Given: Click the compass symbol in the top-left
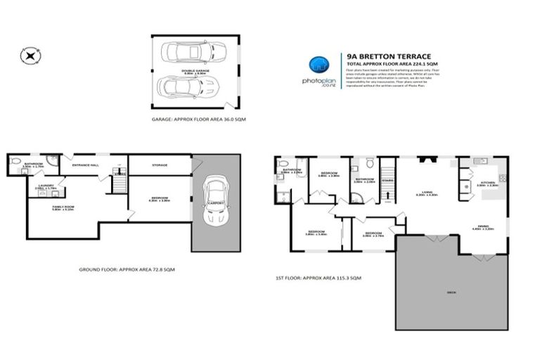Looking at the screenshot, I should [x=29, y=55].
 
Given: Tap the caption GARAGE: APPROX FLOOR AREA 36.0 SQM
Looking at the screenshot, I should [x=199, y=120].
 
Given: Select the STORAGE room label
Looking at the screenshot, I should [x=159, y=166].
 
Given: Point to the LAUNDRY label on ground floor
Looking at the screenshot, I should [x=37, y=186].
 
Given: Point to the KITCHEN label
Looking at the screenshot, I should [x=488, y=183].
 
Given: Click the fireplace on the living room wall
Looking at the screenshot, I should [x=425, y=160].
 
